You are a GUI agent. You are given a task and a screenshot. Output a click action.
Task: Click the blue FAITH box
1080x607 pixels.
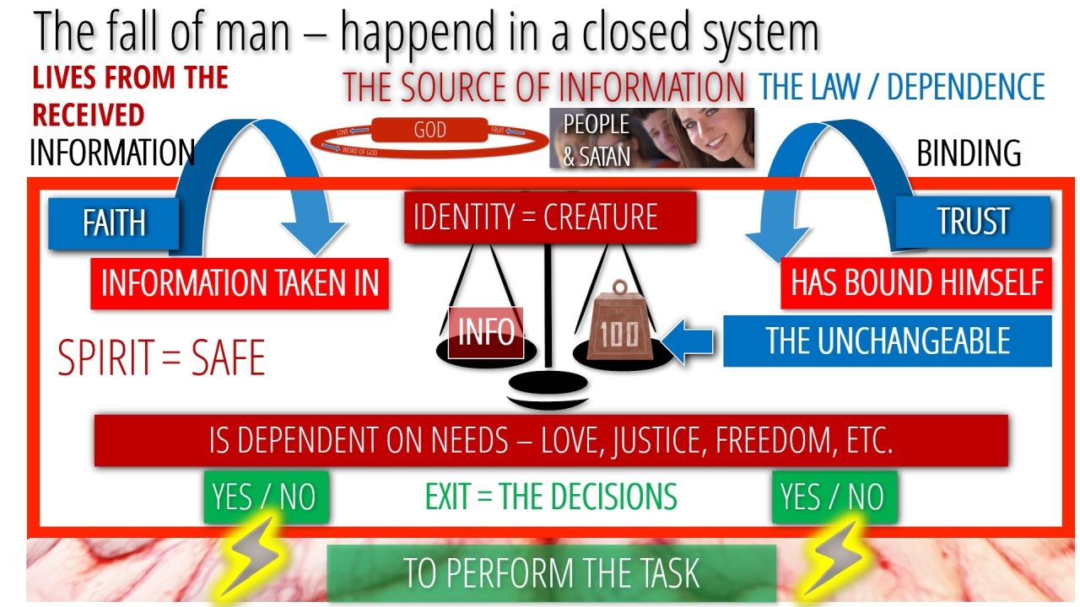point(114,224)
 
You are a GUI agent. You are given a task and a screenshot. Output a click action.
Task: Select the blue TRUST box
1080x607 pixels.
point(973,221)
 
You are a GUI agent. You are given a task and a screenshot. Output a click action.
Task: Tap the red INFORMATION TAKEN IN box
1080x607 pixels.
point(240,284)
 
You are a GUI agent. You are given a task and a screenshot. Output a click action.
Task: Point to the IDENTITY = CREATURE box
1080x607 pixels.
point(550,218)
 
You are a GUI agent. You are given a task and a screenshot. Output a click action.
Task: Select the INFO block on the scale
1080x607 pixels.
point(486,332)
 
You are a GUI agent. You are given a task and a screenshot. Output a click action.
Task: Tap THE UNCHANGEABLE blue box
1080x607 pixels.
point(887,341)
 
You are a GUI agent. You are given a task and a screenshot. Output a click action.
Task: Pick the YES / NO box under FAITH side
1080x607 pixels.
point(266,497)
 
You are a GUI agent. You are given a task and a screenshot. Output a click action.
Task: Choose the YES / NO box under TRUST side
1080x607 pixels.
point(834,497)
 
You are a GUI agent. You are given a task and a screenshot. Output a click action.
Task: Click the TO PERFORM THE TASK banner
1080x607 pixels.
point(551,573)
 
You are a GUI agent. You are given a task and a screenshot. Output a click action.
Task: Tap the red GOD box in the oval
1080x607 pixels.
point(430,131)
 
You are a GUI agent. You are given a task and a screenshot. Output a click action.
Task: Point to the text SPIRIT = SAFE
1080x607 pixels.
point(161,357)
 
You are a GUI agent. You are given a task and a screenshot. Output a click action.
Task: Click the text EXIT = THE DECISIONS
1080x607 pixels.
point(551,497)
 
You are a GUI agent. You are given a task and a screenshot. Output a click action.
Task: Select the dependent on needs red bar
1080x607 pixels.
point(551,440)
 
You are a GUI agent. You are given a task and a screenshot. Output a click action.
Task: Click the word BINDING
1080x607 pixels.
point(969,153)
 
